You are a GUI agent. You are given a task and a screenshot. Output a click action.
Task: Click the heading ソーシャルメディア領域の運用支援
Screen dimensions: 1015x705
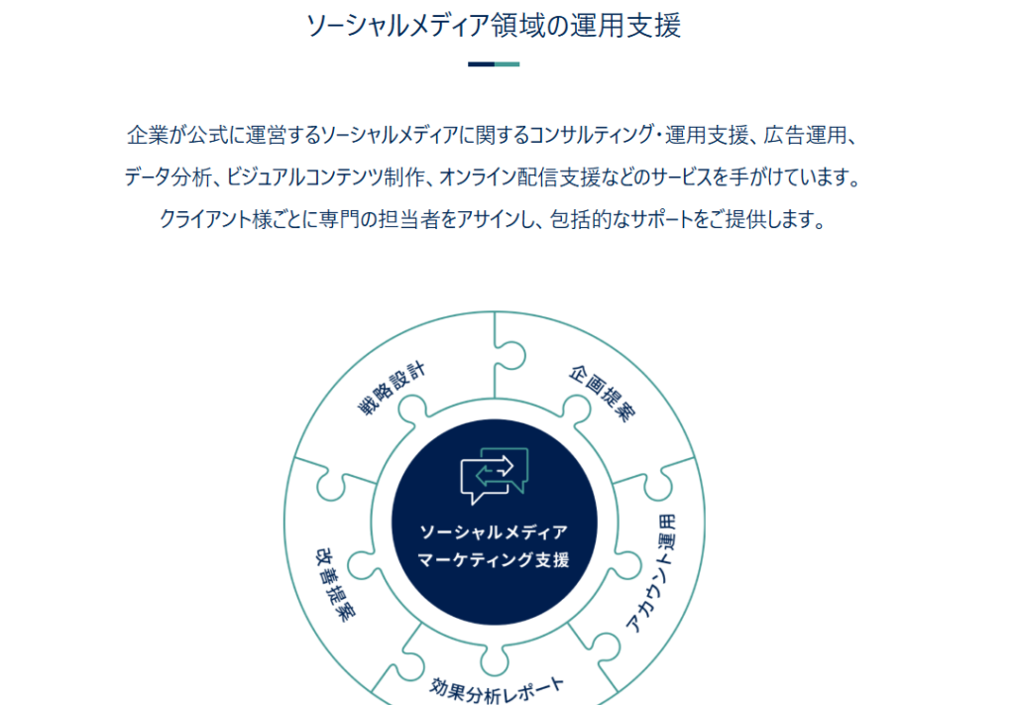pos(494,27)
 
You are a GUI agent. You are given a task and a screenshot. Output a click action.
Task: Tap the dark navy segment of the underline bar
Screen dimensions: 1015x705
pos(481,64)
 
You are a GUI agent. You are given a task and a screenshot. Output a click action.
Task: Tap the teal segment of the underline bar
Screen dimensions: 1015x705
pos(507,64)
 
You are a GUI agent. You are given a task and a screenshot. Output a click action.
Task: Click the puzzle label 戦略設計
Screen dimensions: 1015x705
pos(392,389)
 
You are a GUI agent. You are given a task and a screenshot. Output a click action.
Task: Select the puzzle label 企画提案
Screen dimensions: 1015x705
pos(602,393)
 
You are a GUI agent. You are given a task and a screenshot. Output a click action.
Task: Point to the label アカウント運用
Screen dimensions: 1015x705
pos(652,573)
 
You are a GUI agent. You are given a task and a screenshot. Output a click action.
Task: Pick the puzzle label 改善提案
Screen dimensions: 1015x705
pos(335,585)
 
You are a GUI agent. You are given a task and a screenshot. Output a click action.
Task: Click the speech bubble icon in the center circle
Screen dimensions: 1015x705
pos(495,476)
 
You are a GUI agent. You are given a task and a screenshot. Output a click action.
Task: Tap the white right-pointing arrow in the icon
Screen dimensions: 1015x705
pos(499,465)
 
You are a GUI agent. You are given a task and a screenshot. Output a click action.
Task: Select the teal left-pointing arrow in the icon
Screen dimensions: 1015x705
pos(491,477)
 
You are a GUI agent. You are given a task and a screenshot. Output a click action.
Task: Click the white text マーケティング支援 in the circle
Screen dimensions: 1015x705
pos(494,559)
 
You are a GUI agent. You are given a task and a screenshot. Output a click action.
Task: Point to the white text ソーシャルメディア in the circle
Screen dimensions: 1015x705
pos(494,532)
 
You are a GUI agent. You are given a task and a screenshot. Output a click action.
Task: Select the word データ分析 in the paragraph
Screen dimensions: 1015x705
pos(168,176)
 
